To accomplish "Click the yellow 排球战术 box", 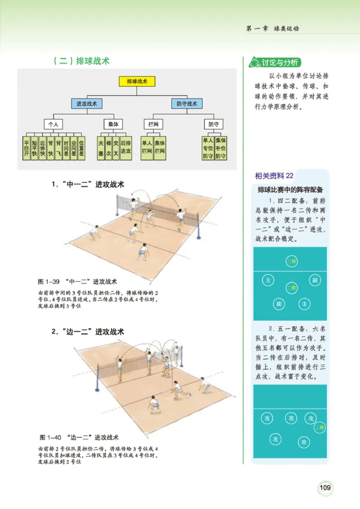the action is point(137,82).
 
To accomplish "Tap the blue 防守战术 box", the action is point(187,104).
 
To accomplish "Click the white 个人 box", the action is point(54,124).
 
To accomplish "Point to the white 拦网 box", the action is point(153,124).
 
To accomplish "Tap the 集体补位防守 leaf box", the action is point(221,149).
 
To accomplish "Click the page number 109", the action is point(325,487).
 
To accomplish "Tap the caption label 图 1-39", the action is point(49,282).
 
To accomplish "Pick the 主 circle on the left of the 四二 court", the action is point(268,281).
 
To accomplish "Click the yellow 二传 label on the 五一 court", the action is point(320,427).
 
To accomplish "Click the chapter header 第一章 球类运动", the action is point(273,29).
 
